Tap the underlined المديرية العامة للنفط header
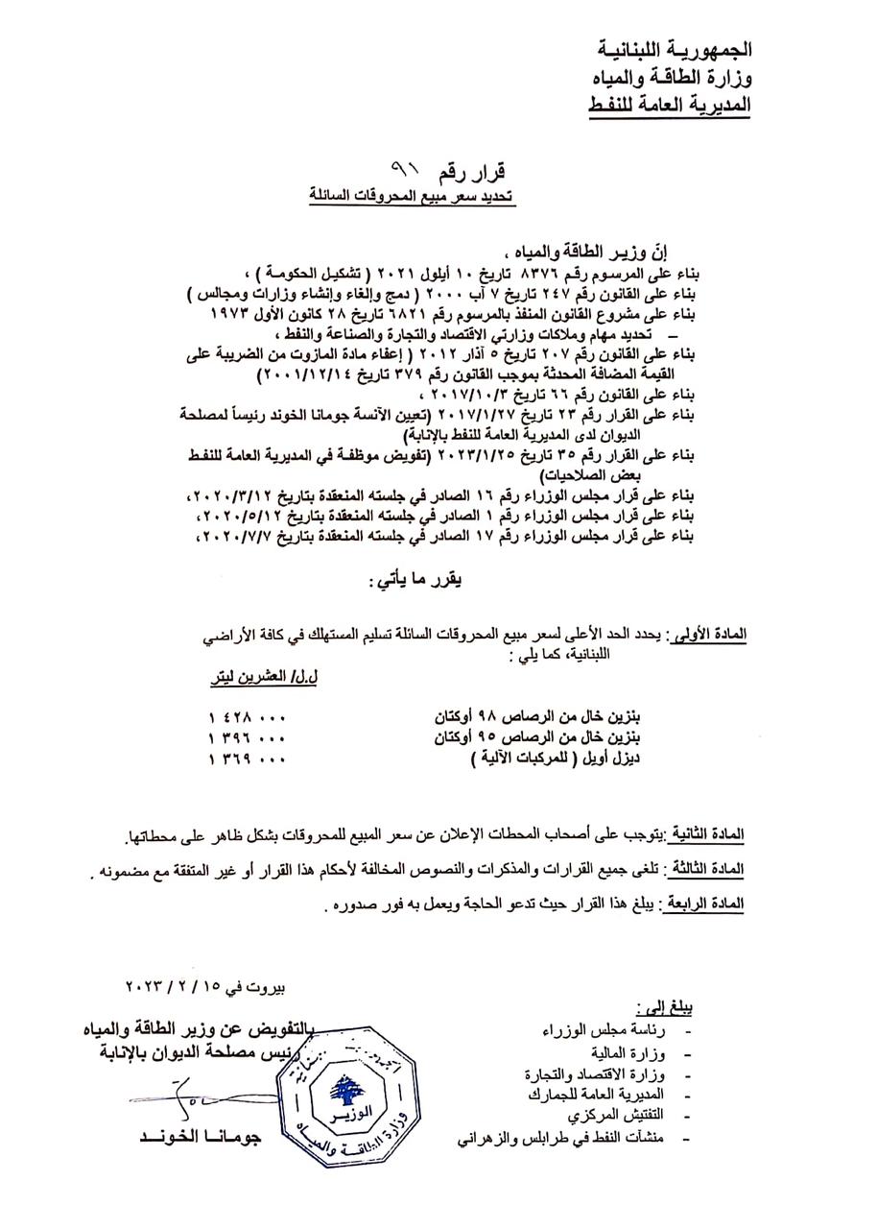click(668, 103)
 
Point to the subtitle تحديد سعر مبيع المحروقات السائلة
click(417, 194)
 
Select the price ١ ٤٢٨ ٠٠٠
click(247, 717)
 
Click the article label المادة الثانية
click(708, 832)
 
